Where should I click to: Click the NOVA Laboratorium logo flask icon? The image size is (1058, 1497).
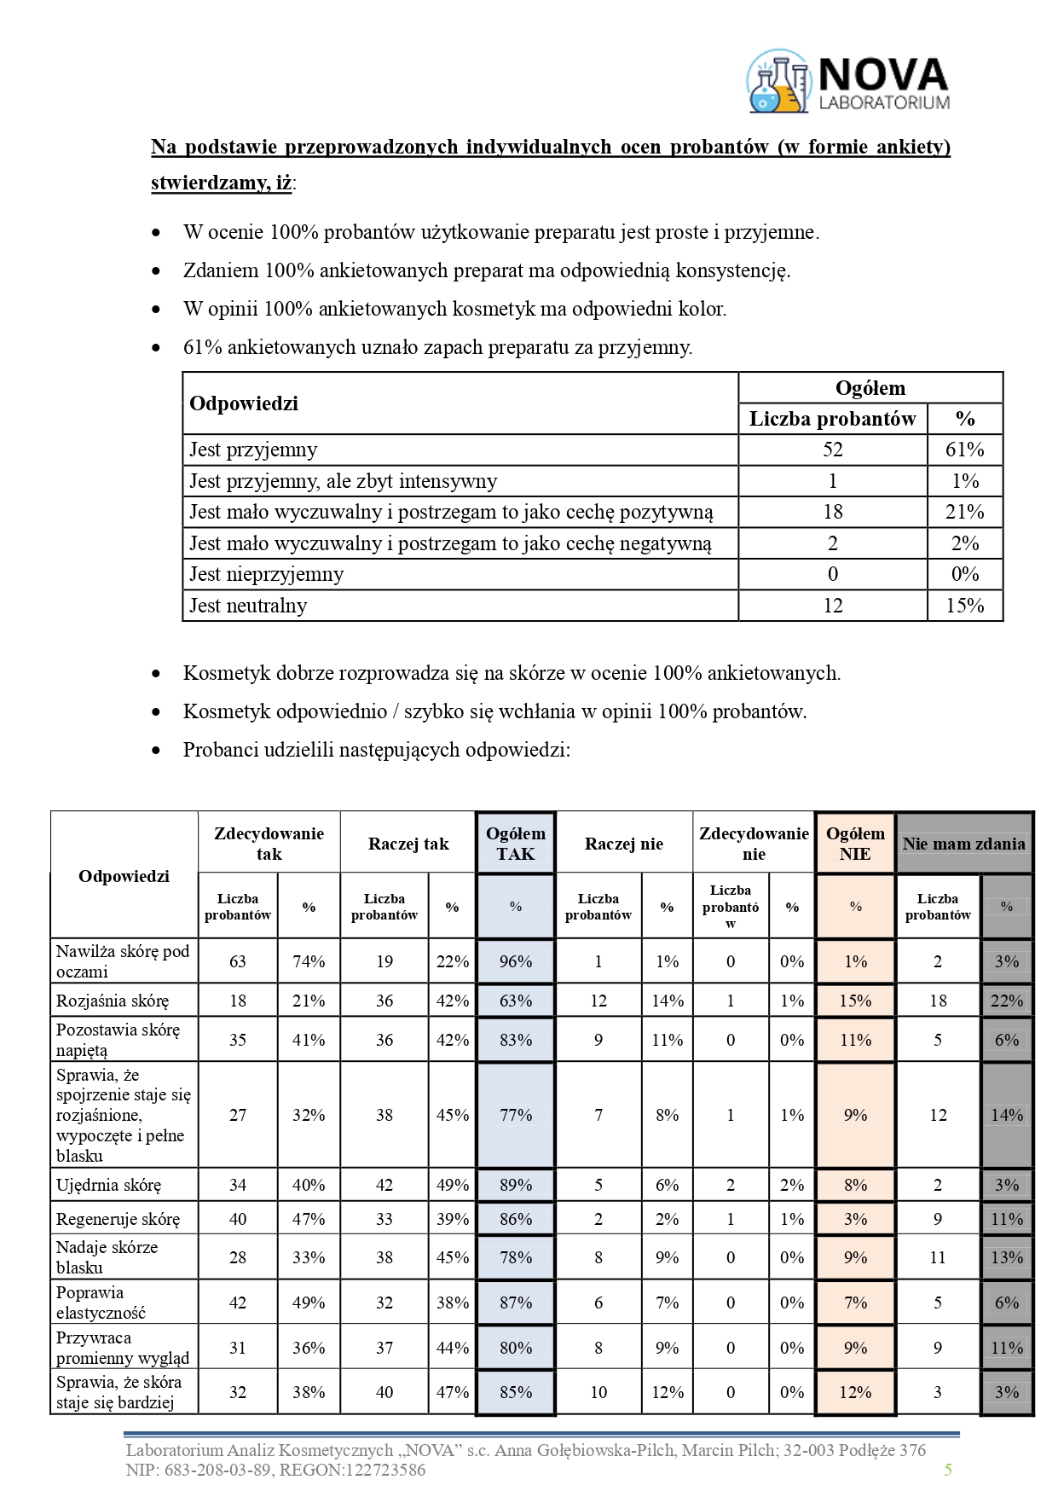[778, 83]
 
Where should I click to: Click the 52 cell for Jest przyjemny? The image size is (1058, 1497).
[832, 450]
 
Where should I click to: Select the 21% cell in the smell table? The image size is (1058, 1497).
[964, 512]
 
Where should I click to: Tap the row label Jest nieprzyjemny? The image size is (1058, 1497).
[266, 574]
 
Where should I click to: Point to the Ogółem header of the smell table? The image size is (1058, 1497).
[870, 388]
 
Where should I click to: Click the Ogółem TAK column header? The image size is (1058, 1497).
[515, 844]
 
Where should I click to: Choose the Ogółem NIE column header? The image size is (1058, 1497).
[855, 844]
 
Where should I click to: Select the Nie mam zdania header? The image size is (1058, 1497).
[963, 844]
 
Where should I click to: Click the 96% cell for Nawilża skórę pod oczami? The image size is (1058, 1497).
[515, 961]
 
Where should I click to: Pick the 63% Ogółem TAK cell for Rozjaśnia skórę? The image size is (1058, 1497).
[515, 1001]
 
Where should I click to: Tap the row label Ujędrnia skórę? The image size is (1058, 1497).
[108, 1185]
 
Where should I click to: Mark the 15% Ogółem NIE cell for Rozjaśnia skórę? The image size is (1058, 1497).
[855, 1001]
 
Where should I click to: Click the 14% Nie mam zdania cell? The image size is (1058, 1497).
[1006, 1115]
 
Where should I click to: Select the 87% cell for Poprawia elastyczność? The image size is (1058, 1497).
[515, 1303]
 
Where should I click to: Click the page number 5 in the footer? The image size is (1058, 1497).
[948, 1470]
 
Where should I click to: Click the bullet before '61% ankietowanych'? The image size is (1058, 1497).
[155, 348]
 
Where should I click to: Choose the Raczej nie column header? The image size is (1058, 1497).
[623, 844]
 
